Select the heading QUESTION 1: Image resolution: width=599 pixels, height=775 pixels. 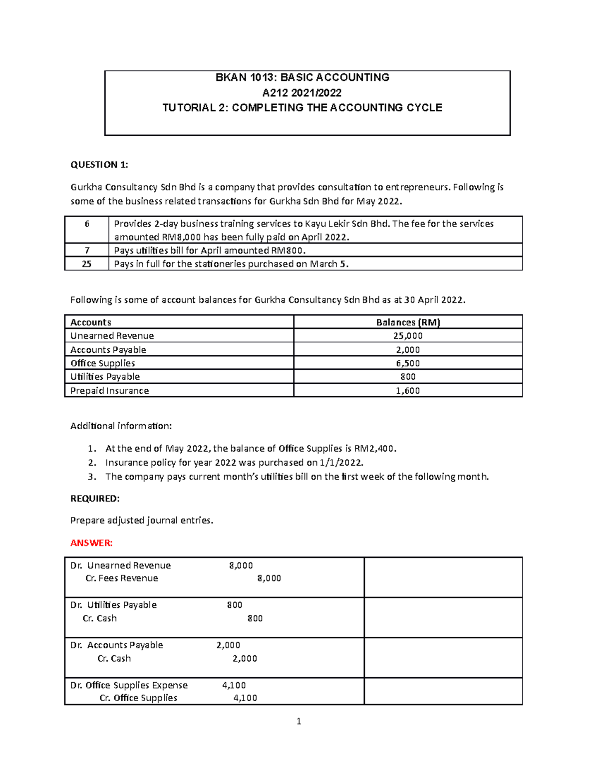99,165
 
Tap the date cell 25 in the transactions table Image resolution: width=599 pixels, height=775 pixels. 87,264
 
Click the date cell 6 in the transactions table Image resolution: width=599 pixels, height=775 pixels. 87,224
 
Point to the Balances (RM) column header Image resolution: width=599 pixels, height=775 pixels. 408,322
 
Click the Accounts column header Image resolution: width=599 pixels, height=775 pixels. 91,322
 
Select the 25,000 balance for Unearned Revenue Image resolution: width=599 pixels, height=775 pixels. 408,336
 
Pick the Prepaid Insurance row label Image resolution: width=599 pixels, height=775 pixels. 109,391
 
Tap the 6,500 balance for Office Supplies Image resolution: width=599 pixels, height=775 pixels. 408,363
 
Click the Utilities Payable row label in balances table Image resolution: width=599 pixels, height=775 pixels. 105,377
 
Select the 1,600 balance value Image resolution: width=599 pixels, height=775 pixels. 408,391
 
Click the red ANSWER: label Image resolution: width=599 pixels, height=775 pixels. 91,543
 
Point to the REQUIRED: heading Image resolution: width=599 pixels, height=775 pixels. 95,499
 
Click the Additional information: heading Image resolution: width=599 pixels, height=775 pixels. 121,426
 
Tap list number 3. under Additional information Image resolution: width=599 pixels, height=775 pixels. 91,477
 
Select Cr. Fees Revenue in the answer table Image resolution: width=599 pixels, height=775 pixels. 122,578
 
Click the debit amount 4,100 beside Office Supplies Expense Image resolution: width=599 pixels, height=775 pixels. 234,685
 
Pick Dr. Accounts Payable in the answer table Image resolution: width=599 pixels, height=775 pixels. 117,645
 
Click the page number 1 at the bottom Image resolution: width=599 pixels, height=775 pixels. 299,721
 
